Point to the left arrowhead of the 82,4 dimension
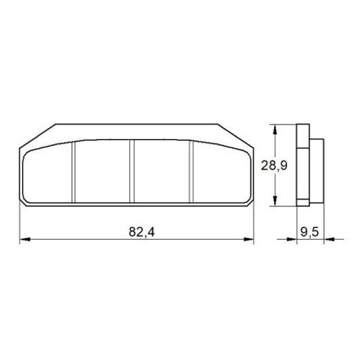(x=25, y=240)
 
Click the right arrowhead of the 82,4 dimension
(x=249, y=240)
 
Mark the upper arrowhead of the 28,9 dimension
(x=276, y=129)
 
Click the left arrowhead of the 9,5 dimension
(x=292, y=240)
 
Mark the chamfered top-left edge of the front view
(x=37, y=136)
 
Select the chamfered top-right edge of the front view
(x=237, y=134)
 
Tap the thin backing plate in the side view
(x=301, y=165)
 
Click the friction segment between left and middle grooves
(x=102, y=173)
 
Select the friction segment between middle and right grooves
(x=161, y=173)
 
